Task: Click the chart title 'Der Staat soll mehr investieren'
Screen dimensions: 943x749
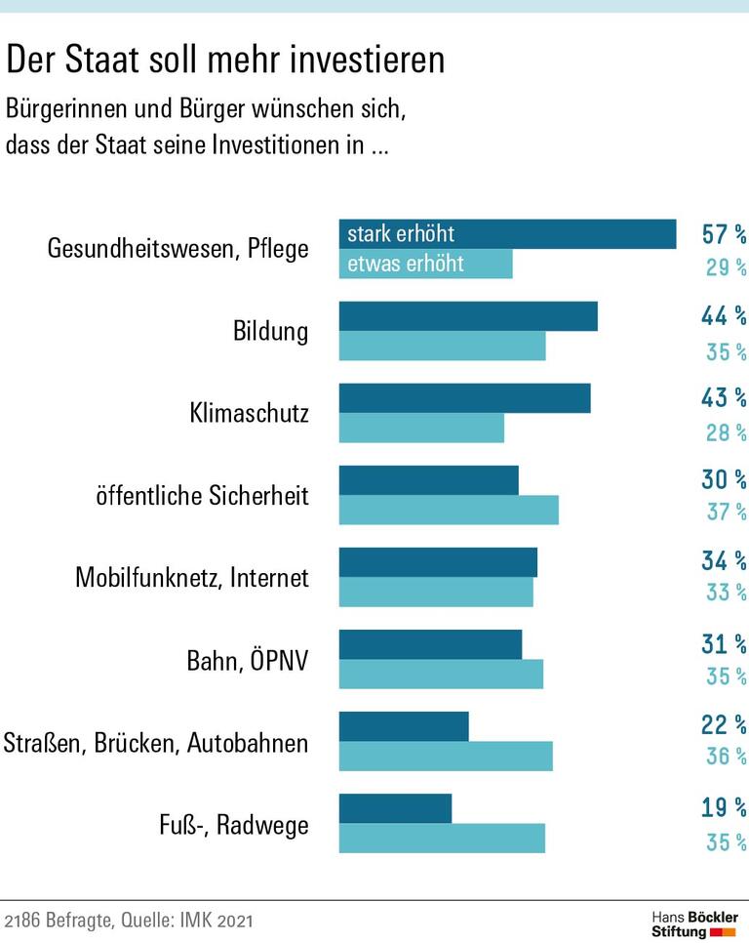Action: (225, 61)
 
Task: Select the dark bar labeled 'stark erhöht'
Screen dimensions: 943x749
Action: (507, 234)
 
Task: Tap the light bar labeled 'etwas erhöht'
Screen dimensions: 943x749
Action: (425, 264)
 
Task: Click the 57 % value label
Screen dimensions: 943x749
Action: (724, 234)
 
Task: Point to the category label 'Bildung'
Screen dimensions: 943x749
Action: (270, 331)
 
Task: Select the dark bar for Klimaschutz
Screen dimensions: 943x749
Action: (464, 398)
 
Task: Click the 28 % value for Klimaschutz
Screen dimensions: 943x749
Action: (726, 432)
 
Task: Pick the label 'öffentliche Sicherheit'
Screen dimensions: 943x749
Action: (202, 496)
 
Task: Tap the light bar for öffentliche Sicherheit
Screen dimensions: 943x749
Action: (449, 510)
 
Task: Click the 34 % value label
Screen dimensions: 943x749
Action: (724, 561)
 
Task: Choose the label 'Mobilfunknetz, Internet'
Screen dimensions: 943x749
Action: (191, 578)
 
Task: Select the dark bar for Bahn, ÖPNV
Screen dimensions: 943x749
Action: (430, 644)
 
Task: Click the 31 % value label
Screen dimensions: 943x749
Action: (724, 644)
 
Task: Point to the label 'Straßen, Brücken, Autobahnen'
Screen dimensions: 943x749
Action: (155, 743)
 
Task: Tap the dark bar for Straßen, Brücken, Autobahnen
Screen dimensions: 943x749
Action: (404, 726)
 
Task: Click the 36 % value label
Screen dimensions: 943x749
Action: (726, 757)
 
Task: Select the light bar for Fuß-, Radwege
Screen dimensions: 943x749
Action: (442, 839)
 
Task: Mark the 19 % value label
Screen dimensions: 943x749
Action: (724, 807)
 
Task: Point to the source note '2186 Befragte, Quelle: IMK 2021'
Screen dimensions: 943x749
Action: (134, 921)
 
